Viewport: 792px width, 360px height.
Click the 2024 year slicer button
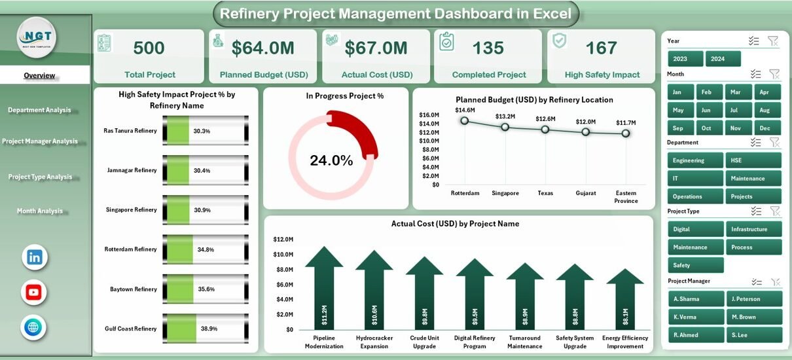point(723,59)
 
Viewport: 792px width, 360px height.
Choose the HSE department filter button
point(753,160)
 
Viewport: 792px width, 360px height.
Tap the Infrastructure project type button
point(753,229)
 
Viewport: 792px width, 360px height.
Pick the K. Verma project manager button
point(695,317)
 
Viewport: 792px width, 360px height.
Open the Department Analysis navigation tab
point(39,110)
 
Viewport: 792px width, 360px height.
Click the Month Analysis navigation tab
point(40,211)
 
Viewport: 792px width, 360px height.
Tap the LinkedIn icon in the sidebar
point(35,257)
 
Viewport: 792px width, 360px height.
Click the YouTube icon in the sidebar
point(34,292)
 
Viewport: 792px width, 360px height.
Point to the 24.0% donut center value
point(331,160)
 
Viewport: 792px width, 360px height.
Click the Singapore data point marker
point(505,126)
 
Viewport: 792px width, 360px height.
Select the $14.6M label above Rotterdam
point(465,110)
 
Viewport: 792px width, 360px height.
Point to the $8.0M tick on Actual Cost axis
point(283,269)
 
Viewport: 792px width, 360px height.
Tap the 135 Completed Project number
point(488,48)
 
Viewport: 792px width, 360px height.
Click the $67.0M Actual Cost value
point(376,48)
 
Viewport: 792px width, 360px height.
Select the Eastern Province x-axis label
point(626,197)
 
